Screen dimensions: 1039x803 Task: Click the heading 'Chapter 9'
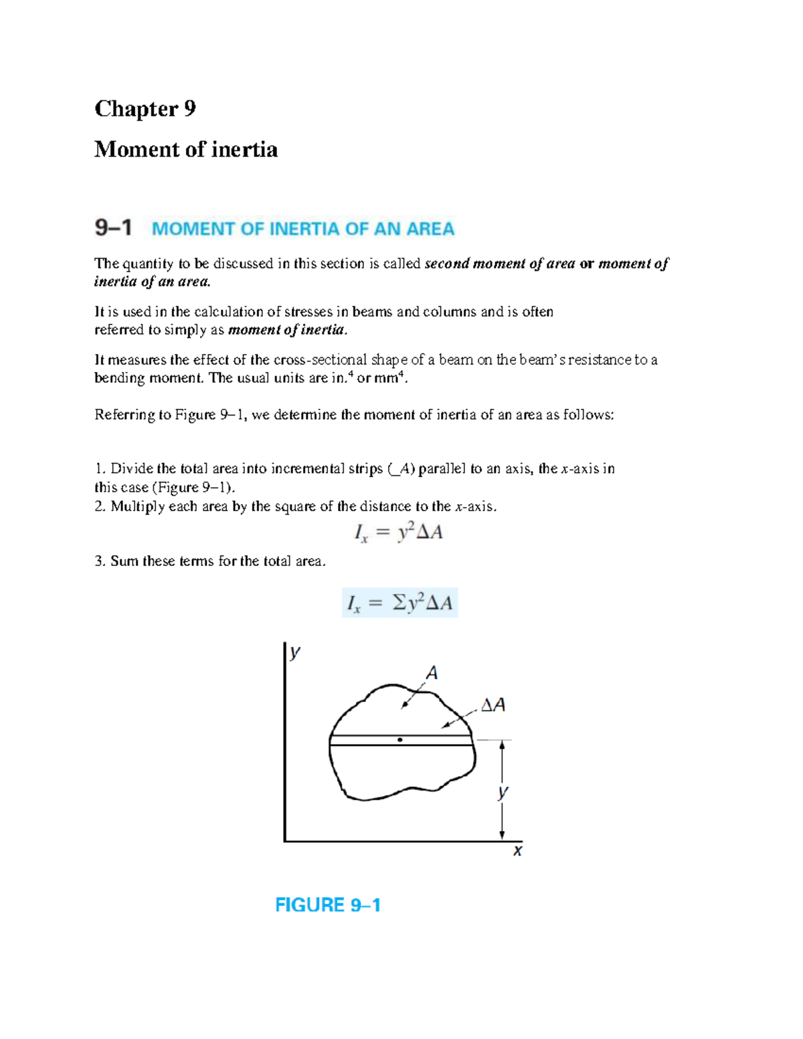tap(145, 108)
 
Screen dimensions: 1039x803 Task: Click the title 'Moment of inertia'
tap(186, 149)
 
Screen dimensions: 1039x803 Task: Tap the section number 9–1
tap(113, 228)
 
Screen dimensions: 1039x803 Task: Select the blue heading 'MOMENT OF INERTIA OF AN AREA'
tap(303, 229)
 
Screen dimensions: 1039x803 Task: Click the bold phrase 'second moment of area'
tap(500, 264)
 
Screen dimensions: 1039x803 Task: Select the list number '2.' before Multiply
tap(100, 506)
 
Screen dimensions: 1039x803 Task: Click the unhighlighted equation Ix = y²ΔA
tap(398, 533)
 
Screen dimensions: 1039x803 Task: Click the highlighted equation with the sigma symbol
tap(399, 603)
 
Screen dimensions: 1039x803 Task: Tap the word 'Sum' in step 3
tap(124, 561)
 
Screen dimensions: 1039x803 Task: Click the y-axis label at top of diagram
tap(294, 652)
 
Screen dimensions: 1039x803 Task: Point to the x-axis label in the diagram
tap(517, 851)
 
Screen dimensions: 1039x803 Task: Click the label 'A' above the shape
tap(432, 672)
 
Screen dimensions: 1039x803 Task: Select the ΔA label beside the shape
tap(493, 704)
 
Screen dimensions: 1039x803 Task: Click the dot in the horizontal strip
tap(399, 740)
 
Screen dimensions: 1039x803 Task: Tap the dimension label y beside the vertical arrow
tap(503, 792)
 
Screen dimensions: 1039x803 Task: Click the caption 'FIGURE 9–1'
tap(328, 905)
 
